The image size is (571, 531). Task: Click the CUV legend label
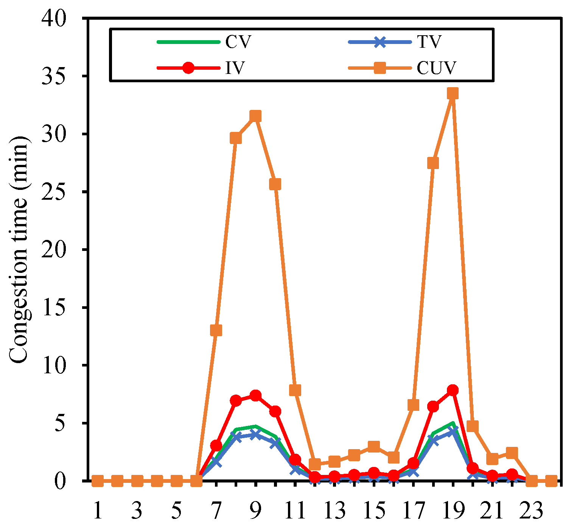click(x=437, y=68)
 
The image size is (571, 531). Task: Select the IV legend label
click(x=235, y=68)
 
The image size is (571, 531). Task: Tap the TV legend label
click(x=429, y=42)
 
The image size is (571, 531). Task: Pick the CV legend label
click(x=238, y=42)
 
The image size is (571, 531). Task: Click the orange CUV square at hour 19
click(x=453, y=93)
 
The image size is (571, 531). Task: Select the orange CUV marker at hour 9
click(x=255, y=116)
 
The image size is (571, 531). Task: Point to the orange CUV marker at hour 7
click(x=216, y=330)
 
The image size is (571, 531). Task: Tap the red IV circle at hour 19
click(x=453, y=390)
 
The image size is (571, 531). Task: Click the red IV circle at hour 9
click(x=255, y=395)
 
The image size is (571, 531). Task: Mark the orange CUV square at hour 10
click(x=275, y=184)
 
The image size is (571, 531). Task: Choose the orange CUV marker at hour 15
click(x=374, y=446)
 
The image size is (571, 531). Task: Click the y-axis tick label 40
click(x=56, y=18)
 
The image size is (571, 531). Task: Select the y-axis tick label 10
click(x=56, y=365)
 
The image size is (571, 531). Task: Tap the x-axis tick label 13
click(x=335, y=511)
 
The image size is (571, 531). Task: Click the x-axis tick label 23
click(x=532, y=511)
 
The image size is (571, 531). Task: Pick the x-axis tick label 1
click(x=98, y=511)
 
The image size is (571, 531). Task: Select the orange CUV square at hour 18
click(x=433, y=163)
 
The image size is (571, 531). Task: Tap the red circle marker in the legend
click(x=188, y=68)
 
